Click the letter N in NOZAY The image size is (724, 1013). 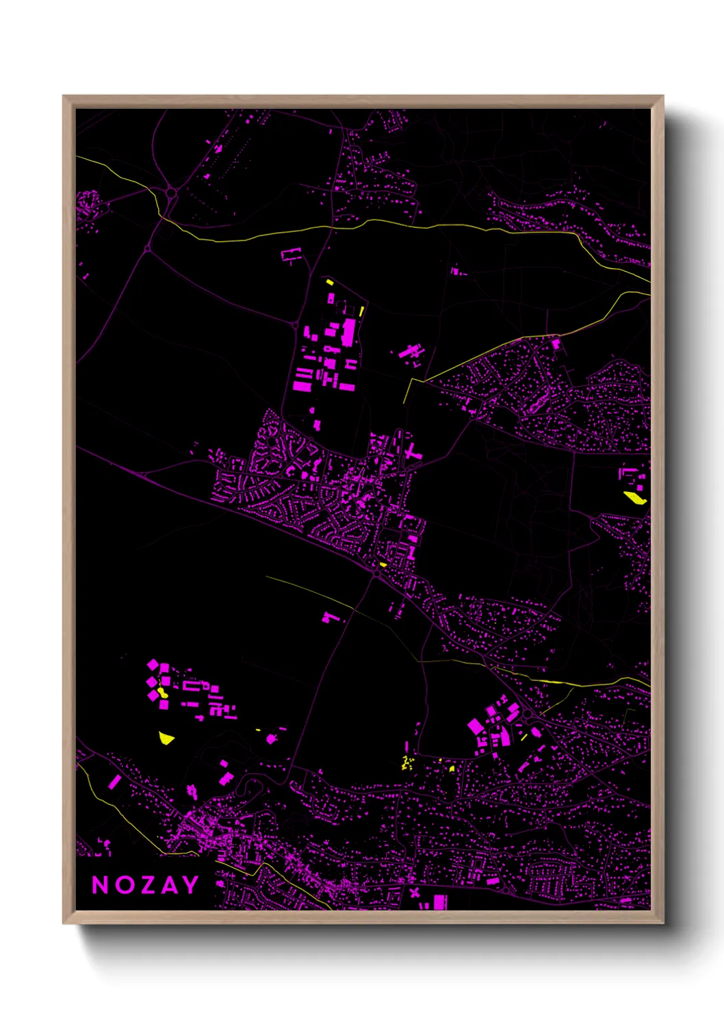coord(101,885)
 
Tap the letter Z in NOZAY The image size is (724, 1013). coord(145,885)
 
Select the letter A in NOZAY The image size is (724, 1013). coord(168,885)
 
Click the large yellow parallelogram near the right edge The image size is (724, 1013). coord(635,498)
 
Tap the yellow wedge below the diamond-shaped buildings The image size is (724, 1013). coord(166,737)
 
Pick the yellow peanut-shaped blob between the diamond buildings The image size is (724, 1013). coord(163,692)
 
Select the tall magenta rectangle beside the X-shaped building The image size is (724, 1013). coord(440,901)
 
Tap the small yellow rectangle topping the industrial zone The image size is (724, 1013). coord(329,281)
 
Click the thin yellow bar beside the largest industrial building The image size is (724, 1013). coord(361,311)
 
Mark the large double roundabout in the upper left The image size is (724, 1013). coord(170,194)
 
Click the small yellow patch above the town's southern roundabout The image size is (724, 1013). coord(383,565)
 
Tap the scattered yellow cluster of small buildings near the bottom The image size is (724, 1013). coord(408,762)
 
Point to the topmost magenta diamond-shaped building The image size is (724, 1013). coord(153,664)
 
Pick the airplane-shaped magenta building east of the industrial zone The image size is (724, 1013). coord(411,353)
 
